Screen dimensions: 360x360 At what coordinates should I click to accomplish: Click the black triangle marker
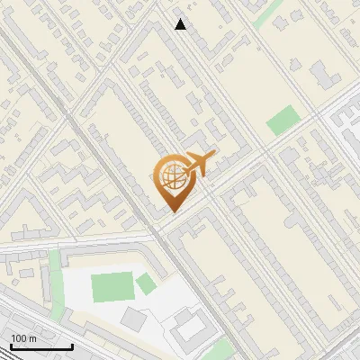[x=181, y=24]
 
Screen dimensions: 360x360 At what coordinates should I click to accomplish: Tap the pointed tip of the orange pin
[x=174, y=211]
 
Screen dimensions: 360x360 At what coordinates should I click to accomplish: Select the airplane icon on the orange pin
[x=197, y=165]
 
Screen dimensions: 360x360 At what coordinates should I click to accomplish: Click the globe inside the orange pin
[x=172, y=179]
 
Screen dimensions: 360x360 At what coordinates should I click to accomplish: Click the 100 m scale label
[x=25, y=337]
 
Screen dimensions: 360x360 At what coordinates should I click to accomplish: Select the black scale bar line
[x=41, y=346]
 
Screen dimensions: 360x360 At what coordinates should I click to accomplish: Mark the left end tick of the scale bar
[x=12, y=345]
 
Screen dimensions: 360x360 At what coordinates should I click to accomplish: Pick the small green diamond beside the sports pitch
[x=146, y=285]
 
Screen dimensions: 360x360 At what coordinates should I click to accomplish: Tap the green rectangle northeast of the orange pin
[x=283, y=120]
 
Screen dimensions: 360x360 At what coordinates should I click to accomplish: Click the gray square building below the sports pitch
[x=132, y=318]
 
